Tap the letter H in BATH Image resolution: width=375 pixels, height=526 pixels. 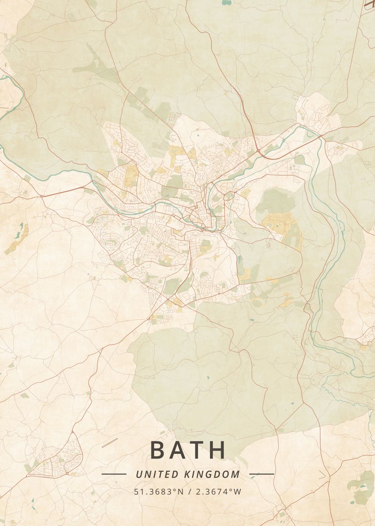[217, 450]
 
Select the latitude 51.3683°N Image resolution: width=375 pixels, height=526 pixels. [159, 492]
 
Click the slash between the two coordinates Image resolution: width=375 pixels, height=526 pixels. [189, 492]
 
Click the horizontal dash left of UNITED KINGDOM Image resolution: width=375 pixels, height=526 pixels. [114, 474]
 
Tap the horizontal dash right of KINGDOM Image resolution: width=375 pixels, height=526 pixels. [262, 474]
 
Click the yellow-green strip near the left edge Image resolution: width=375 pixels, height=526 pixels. [18, 239]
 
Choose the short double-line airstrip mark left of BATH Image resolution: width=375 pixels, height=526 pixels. [110, 443]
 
